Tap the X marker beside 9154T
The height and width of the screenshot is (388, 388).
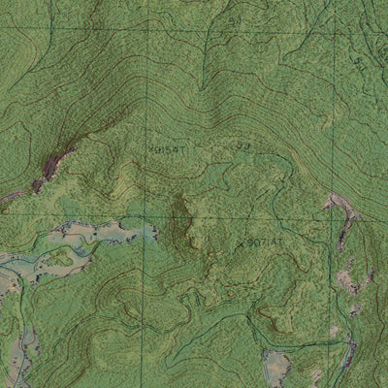click(152, 148)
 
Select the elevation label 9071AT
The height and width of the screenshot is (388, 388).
click(265, 242)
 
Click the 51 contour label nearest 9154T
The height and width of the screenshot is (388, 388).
click(242, 145)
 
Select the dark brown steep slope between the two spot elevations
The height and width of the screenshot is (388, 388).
click(179, 215)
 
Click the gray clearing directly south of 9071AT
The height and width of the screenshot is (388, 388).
click(276, 367)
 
